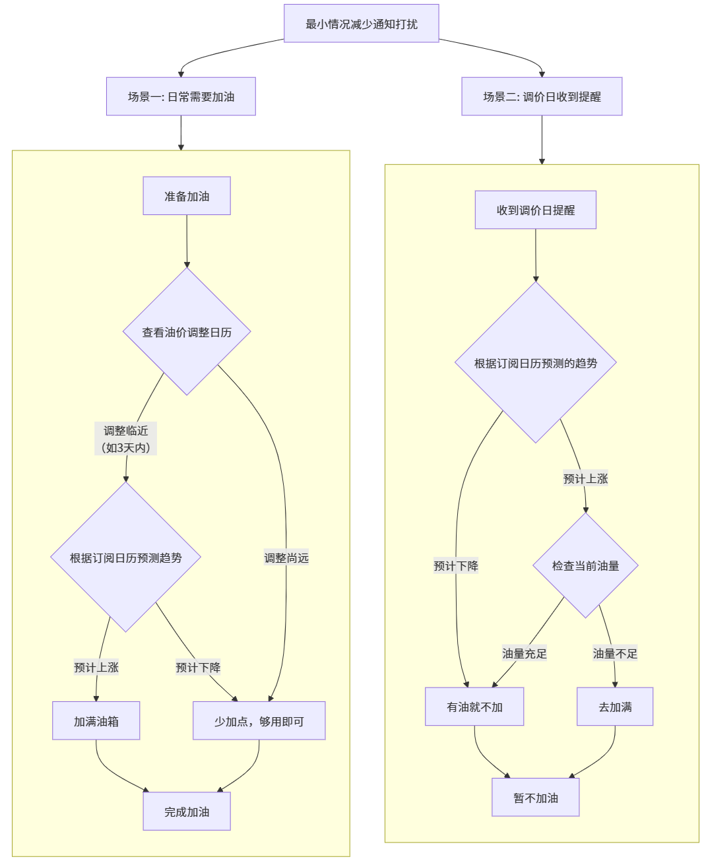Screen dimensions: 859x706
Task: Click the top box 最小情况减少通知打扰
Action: pos(361,24)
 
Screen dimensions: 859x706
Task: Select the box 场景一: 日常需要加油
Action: pos(181,96)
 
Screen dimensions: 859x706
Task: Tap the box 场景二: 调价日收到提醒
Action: pos(542,96)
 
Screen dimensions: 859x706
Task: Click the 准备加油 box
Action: pos(187,196)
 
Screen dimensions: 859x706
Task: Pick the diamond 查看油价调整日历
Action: pos(187,332)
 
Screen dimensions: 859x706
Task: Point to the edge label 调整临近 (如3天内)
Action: pos(125,439)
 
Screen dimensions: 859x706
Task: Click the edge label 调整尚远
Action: pos(286,558)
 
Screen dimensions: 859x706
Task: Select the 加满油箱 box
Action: pos(96,721)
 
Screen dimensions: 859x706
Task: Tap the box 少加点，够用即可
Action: pos(259,721)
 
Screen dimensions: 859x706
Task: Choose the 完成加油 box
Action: pos(187,811)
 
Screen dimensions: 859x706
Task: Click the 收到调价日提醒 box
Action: pos(536,210)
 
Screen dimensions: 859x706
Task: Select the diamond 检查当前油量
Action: pos(585,565)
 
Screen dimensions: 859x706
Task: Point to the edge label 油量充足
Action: pos(525,654)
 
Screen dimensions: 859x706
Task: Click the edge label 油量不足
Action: pos(615,654)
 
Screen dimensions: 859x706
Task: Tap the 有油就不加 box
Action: pos(474,707)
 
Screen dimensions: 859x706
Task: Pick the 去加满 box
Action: pos(615,707)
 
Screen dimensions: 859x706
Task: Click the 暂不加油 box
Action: pos(536,798)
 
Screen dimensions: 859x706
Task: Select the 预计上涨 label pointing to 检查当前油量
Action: pos(585,479)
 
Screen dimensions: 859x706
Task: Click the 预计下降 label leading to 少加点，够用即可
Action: pos(198,668)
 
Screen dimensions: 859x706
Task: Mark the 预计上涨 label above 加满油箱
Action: pos(96,668)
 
